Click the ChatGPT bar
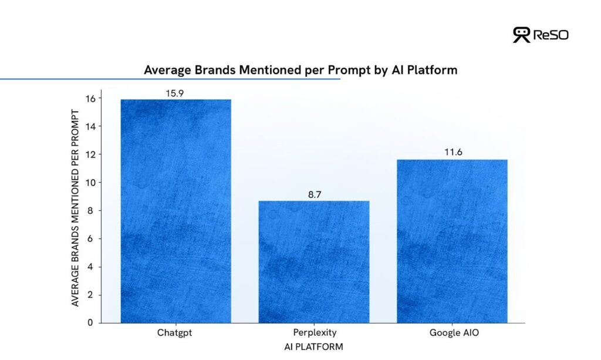tap(176, 211)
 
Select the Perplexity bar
tap(314, 262)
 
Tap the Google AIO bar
tap(453, 241)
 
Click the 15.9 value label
tap(175, 93)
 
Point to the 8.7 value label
tap(315, 195)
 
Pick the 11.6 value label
tap(454, 152)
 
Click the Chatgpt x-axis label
tap(174, 332)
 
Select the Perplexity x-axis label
tap(315, 332)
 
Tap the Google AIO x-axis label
tap(454, 332)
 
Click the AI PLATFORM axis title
tap(313, 347)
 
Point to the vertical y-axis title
tap(75, 208)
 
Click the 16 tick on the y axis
tap(90, 99)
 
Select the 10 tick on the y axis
tap(90, 183)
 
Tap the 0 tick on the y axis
tap(90, 323)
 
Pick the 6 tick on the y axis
tap(90, 239)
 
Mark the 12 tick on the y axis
tap(90, 155)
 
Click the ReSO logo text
tap(551, 35)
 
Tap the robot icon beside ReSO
tap(521, 35)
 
